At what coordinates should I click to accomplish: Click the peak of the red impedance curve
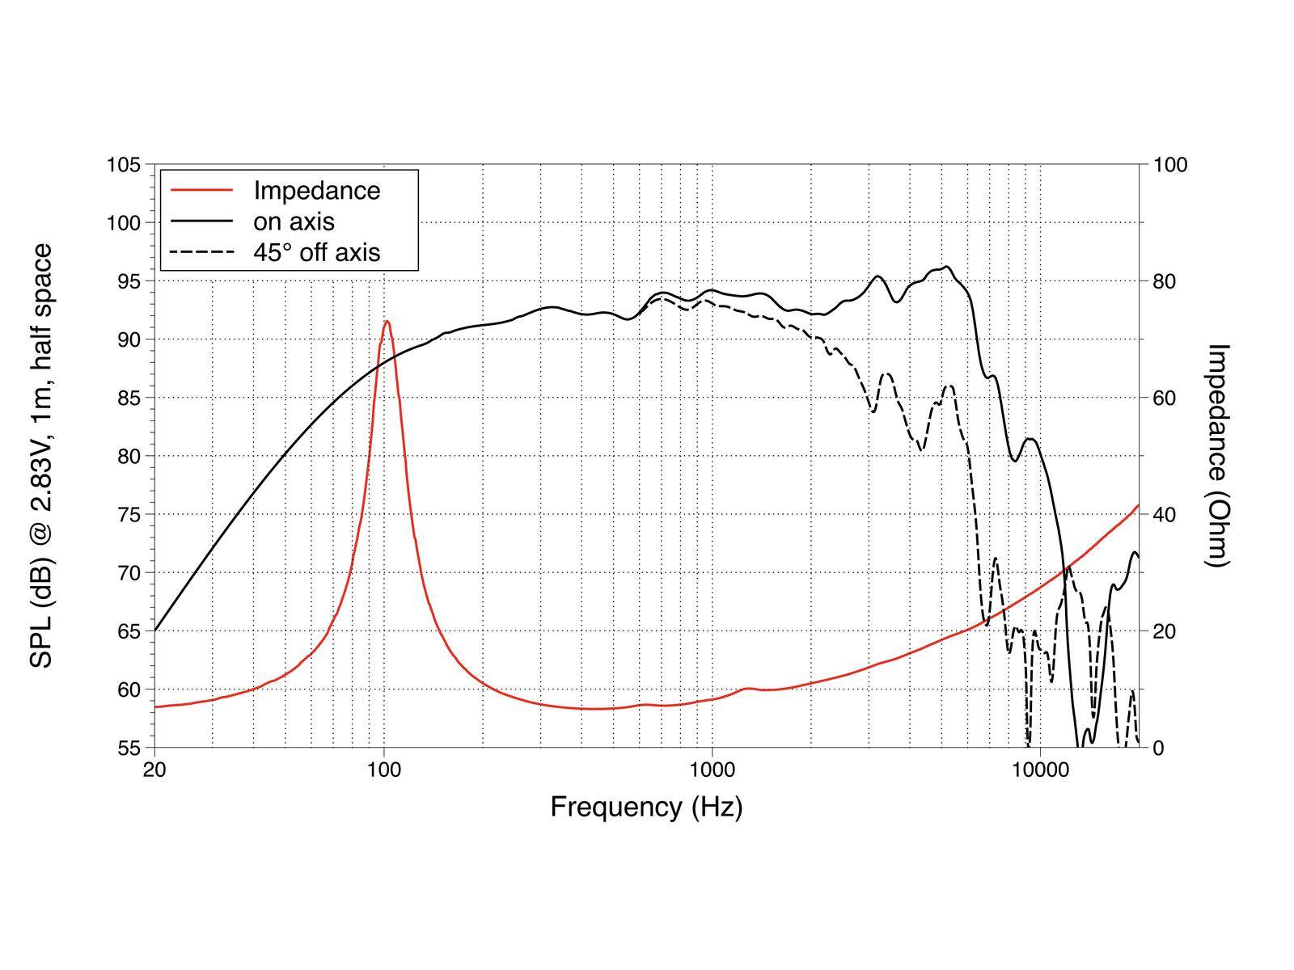click(387, 322)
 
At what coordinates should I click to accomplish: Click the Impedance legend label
click(316, 191)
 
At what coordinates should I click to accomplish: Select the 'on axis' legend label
click(294, 221)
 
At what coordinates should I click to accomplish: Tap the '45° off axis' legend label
click(316, 252)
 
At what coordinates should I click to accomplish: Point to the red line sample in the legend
click(201, 191)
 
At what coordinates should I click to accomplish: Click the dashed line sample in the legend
click(201, 252)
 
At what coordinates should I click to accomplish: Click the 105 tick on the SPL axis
click(124, 165)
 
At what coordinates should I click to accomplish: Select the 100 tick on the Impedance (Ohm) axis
click(1169, 165)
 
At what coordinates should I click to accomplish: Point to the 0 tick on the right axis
click(1157, 748)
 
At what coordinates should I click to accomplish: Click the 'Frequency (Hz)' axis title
click(646, 807)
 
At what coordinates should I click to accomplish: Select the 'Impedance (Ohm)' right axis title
click(1217, 455)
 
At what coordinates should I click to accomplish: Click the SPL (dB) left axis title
click(41, 455)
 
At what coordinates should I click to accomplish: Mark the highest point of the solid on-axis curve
click(947, 267)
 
